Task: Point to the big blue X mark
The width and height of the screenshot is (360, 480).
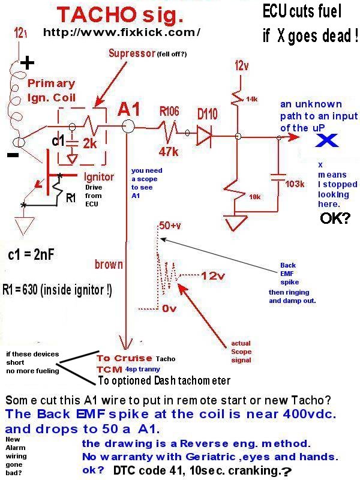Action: coord(328,140)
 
